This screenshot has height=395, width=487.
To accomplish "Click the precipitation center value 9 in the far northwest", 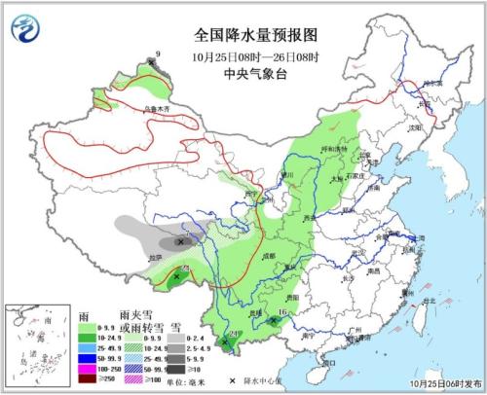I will tap(159, 54).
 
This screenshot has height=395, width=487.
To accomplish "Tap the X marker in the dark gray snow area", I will tap(179, 240).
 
